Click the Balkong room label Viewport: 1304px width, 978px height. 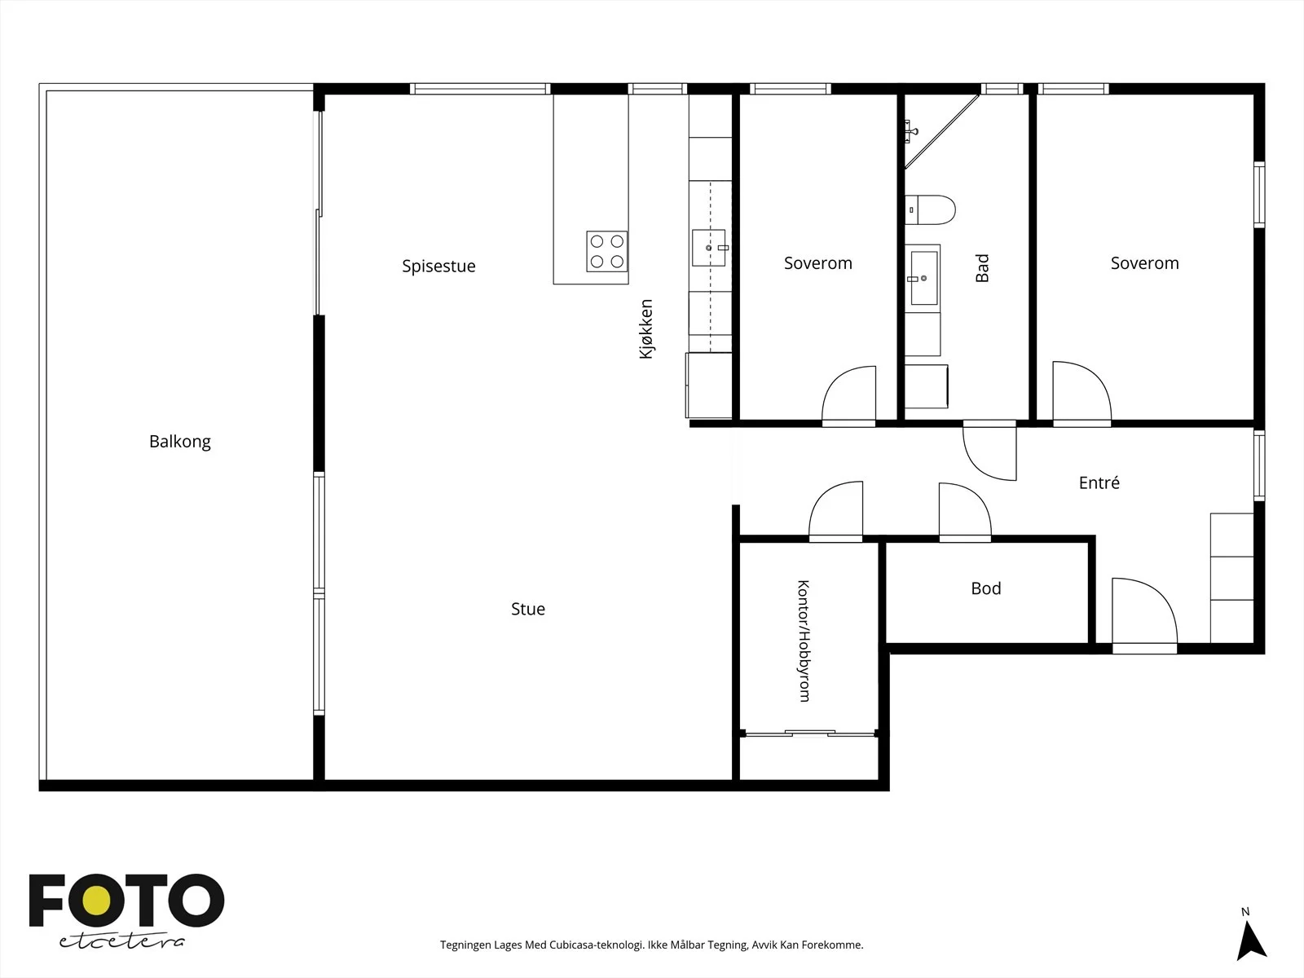tap(180, 442)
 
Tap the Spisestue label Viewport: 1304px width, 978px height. tap(438, 266)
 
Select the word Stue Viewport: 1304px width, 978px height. tap(528, 609)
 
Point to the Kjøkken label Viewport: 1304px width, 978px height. tap(645, 329)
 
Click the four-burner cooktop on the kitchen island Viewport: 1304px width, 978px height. tap(607, 251)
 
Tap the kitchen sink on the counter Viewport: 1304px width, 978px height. tap(709, 248)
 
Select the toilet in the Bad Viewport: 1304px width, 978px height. tap(930, 209)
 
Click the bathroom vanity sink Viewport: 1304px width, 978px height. tap(923, 278)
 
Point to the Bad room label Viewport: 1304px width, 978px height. tap(982, 268)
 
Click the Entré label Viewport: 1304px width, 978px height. tap(1099, 482)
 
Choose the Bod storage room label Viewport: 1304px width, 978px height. tap(986, 588)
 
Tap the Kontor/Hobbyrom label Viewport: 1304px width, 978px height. tap(804, 641)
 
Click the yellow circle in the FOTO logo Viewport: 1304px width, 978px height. tap(97, 901)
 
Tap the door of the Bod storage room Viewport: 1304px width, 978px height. tap(965, 511)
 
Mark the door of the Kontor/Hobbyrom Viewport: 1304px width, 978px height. tap(836, 511)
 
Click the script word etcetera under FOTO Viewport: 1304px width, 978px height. tap(121, 941)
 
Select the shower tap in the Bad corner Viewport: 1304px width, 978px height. tap(911, 131)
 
